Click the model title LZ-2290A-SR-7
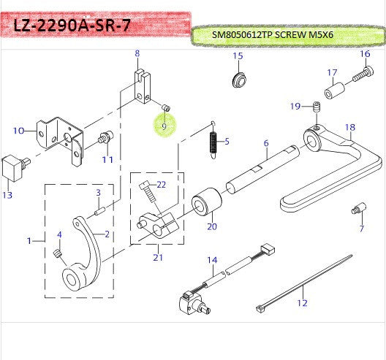tap(71, 26)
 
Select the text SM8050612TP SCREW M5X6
tap(273, 35)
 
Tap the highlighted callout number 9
tap(164, 126)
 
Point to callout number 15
tap(238, 55)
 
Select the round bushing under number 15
tap(239, 80)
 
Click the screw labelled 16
tap(363, 74)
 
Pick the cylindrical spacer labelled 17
tap(334, 91)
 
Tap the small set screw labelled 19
tap(317, 107)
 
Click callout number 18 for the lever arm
tap(350, 127)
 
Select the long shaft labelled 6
tap(263, 169)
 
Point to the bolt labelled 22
tap(148, 193)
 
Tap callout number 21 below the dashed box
tap(158, 257)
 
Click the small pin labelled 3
tap(100, 211)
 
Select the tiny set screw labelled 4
tap(57, 253)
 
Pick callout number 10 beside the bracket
tap(18, 131)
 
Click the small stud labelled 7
tap(358, 208)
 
